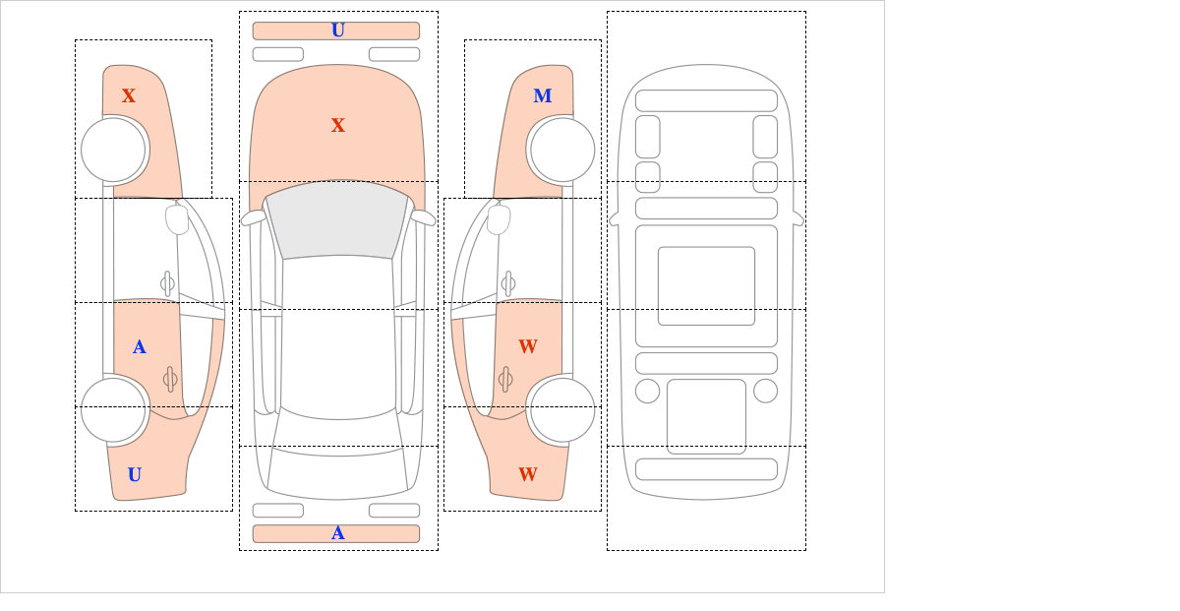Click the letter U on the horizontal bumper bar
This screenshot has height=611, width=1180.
coord(338,31)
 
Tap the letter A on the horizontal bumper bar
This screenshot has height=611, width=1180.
coord(338,533)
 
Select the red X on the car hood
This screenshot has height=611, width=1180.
coord(338,125)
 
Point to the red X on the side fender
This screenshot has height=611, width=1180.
coord(129,95)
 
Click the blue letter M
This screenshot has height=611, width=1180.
coord(543,95)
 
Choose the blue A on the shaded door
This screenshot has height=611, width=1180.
coord(139,346)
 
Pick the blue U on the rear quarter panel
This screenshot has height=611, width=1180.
coord(135,474)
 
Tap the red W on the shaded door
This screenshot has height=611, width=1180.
coord(528,346)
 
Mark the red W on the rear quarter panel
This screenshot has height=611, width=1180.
coord(528,474)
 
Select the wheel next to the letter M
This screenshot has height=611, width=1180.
coord(562,150)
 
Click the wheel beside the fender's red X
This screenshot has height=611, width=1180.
coord(113,150)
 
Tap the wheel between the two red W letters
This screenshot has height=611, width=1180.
coord(562,409)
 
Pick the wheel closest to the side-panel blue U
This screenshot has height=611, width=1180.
coord(113,409)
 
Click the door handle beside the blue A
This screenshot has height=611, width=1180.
coord(169,379)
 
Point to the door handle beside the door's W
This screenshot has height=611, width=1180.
coord(505,379)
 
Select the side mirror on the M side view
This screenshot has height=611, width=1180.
coord(499,219)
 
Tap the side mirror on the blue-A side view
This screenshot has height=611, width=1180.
coord(177,219)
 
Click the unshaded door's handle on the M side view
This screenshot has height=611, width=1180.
coord(508,283)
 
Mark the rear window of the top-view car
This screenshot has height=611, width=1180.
coord(337,468)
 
